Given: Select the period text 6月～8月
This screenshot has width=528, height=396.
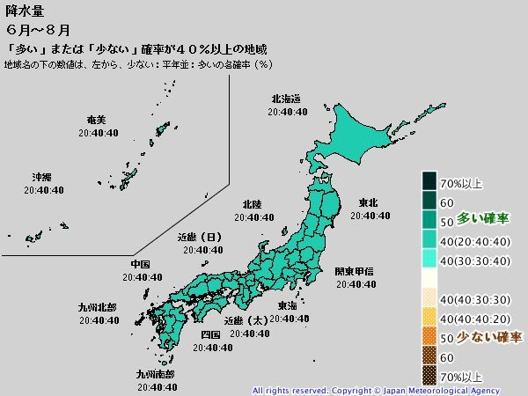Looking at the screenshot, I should pos(28,30).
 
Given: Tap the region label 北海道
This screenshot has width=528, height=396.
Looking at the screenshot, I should pos(286,99).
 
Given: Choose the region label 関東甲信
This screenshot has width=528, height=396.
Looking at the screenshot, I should pos(355,271).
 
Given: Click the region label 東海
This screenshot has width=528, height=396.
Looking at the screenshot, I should pos(287,305).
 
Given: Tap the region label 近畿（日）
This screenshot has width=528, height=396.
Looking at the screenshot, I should pos(200,237).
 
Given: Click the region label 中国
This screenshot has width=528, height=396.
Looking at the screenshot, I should pos(140,264).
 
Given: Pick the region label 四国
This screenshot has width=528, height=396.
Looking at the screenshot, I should pos(210,335).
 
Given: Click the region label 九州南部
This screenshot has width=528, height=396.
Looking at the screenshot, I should pos(155,373).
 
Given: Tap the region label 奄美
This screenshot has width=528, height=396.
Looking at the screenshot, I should pos(97,120).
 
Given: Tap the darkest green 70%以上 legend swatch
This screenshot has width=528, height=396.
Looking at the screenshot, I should pos(429,183).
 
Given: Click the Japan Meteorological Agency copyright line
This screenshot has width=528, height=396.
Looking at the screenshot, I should pos(376,390).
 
